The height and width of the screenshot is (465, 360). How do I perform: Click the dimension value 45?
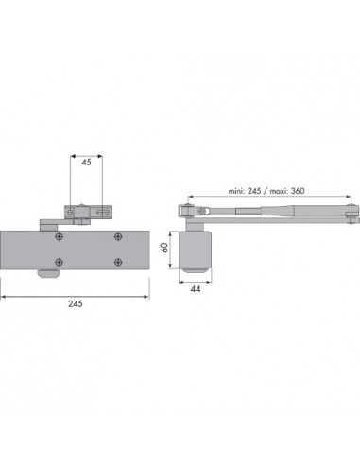pyautogui.click(x=86, y=162)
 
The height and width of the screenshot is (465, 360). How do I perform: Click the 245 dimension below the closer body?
pyautogui.click(x=76, y=303)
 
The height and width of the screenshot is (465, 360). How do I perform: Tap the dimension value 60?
pyautogui.click(x=164, y=248)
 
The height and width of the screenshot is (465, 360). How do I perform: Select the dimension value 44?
pyautogui.click(x=196, y=288)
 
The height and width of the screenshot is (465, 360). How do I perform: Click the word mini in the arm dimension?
pyautogui.click(x=236, y=191)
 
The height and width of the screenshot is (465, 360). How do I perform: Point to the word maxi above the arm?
pyautogui.click(x=278, y=191)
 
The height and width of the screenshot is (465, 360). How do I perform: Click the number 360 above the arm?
pyautogui.click(x=298, y=191)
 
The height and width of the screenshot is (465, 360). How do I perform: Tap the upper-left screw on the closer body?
pyautogui.click(x=60, y=236)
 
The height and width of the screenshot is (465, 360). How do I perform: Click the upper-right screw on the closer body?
pyautogui.click(x=118, y=236)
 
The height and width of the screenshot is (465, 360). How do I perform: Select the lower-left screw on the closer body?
pyautogui.click(x=60, y=262)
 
